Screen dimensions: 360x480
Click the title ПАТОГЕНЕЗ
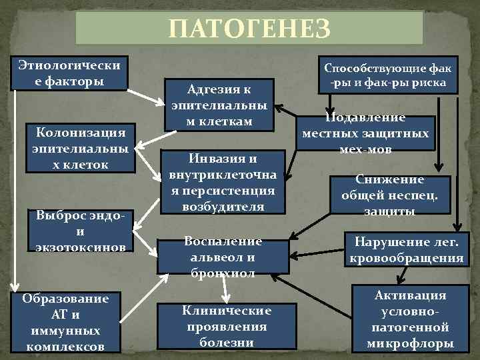tap(249, 29)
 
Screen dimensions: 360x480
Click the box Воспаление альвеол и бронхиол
tap(223, 256)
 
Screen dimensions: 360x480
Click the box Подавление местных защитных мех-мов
tap(365, 133)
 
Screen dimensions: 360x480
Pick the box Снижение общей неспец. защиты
tap(390, 195)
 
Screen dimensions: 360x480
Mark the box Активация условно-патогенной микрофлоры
tap(411, 319)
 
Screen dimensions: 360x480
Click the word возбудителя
tap(223, 207)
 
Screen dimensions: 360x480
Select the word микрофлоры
tap(411, 344)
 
